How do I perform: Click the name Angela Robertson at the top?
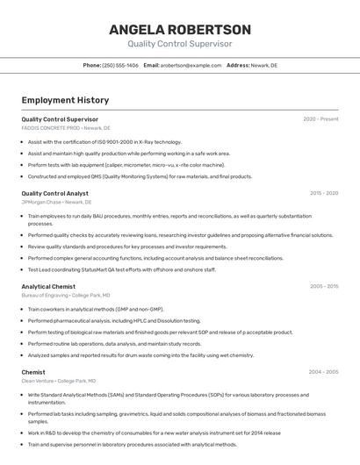click(180, 29)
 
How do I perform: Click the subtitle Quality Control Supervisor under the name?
click(180, 44)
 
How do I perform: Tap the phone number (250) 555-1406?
click(120, 65)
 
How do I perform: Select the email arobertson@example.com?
click(191, 65)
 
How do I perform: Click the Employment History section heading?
click(65, 100)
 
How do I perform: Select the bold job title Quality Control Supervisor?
click(60, 119)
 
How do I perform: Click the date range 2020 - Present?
click(320, 119)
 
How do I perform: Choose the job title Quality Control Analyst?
click(54, 193)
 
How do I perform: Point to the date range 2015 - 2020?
click(324, 193)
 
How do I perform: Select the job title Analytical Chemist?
click(48, 286)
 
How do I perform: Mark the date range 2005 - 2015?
click(324, 286)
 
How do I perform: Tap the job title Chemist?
click(33, 372)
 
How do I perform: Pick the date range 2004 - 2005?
click(324, 372)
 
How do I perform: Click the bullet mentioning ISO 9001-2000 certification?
click(104, 141)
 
